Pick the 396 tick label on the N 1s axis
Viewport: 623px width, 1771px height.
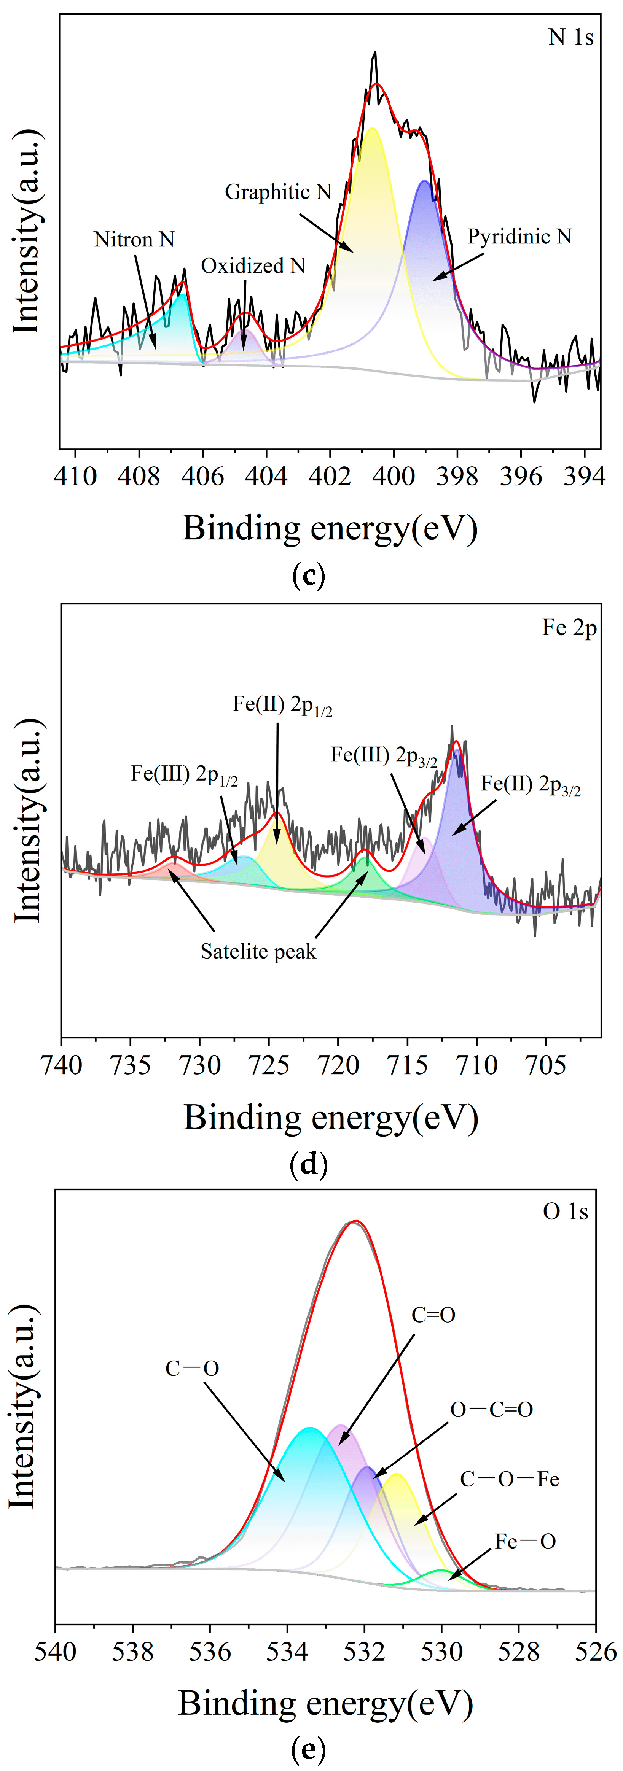pyautogui.click(x=521, y=477)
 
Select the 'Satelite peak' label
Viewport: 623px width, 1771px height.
pyautogui.click(x=258, y=952)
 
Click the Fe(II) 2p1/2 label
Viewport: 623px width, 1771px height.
pyautogui.click(x=282, y=705)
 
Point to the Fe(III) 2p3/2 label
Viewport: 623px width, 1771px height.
pyautogui.click(x=384, y=756)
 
